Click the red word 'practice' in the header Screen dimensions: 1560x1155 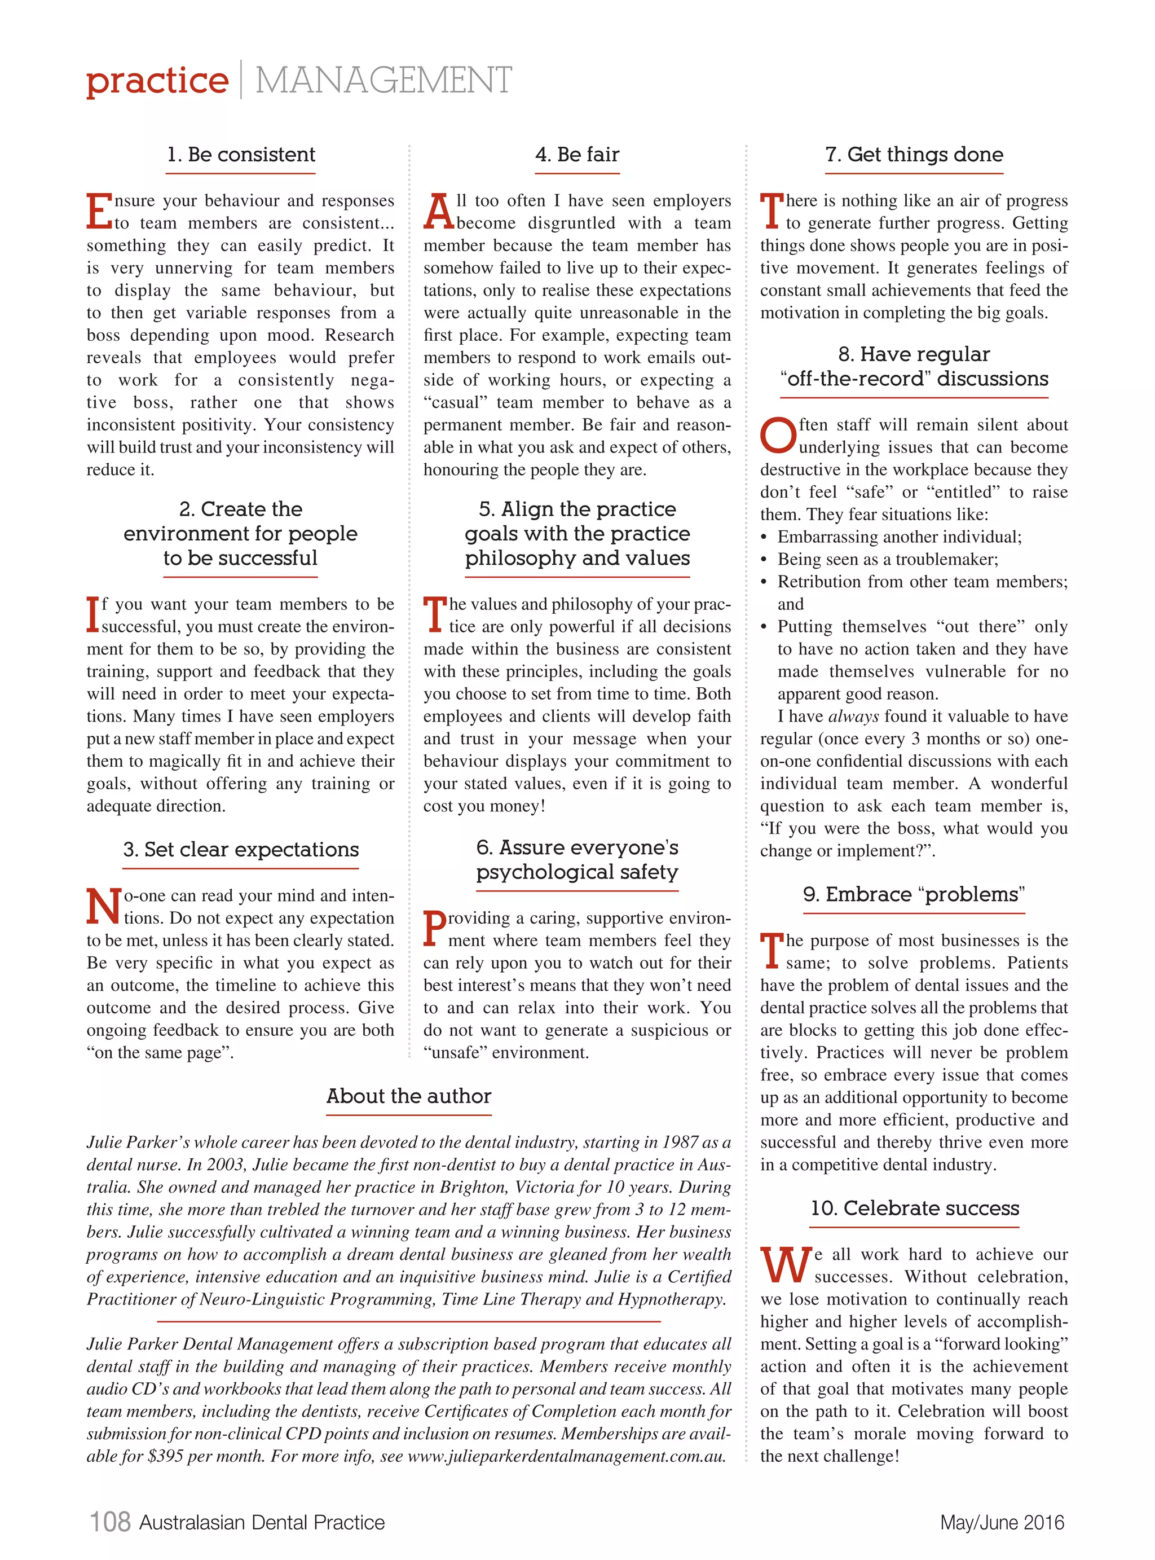click(x=157, y=81)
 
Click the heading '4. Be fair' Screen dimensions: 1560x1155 click(x=577, y=155)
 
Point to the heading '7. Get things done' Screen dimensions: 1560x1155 click(x=914, y=155)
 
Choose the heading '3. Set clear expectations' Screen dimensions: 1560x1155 click(x=240, y=850)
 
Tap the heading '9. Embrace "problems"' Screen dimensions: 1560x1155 click(x=914, y=894)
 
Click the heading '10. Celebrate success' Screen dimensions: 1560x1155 click(x=914, y=1209)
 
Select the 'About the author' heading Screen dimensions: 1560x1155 click(x=408, y=1096)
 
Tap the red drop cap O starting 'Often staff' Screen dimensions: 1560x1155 click(x=778, y=436)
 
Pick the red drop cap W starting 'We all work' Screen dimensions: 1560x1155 click(x=786, y=1265)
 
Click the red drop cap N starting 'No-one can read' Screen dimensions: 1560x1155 click(x=103, y=906)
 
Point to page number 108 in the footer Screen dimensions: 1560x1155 click(x=111, y=1522)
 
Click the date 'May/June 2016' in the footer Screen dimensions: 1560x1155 click(x=1001, y=1522)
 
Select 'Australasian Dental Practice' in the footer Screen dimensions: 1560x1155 click(x=262, y=1522)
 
